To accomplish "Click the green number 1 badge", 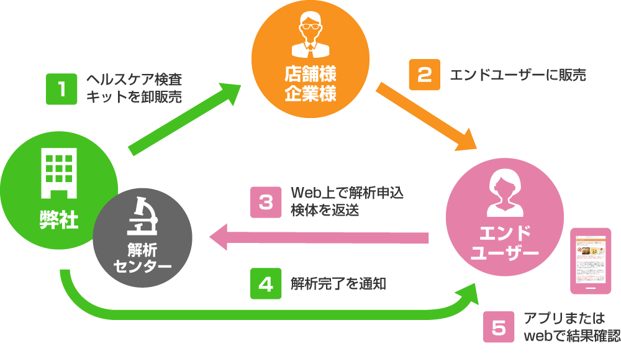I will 61,89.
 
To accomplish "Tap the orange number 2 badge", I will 424,75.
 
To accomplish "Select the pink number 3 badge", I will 266,203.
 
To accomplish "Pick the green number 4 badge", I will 266,284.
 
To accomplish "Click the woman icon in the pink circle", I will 504,192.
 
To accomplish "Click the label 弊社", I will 59,219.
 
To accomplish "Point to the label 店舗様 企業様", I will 310,84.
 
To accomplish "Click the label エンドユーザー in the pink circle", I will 504,244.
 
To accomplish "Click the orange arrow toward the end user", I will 425,118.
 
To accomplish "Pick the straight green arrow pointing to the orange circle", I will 186,118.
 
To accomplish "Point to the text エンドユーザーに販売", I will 517,75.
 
